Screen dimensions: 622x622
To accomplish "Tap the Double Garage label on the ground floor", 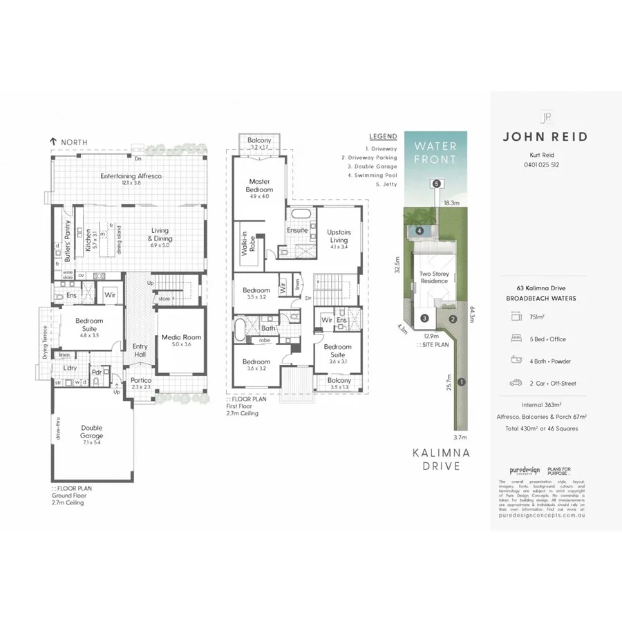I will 91,432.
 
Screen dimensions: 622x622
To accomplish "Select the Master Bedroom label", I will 260,186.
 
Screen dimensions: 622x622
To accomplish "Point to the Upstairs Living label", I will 339,236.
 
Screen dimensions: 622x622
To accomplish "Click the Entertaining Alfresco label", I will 131,176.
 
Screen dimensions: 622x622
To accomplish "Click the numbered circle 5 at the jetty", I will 436,184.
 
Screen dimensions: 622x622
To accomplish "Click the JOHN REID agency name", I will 545,137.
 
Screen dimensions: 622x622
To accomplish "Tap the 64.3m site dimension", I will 473,314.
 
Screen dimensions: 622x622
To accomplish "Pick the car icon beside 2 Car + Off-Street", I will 516,383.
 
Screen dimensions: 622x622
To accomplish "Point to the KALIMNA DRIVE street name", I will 441,460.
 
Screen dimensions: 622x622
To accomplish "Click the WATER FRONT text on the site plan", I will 435,153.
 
